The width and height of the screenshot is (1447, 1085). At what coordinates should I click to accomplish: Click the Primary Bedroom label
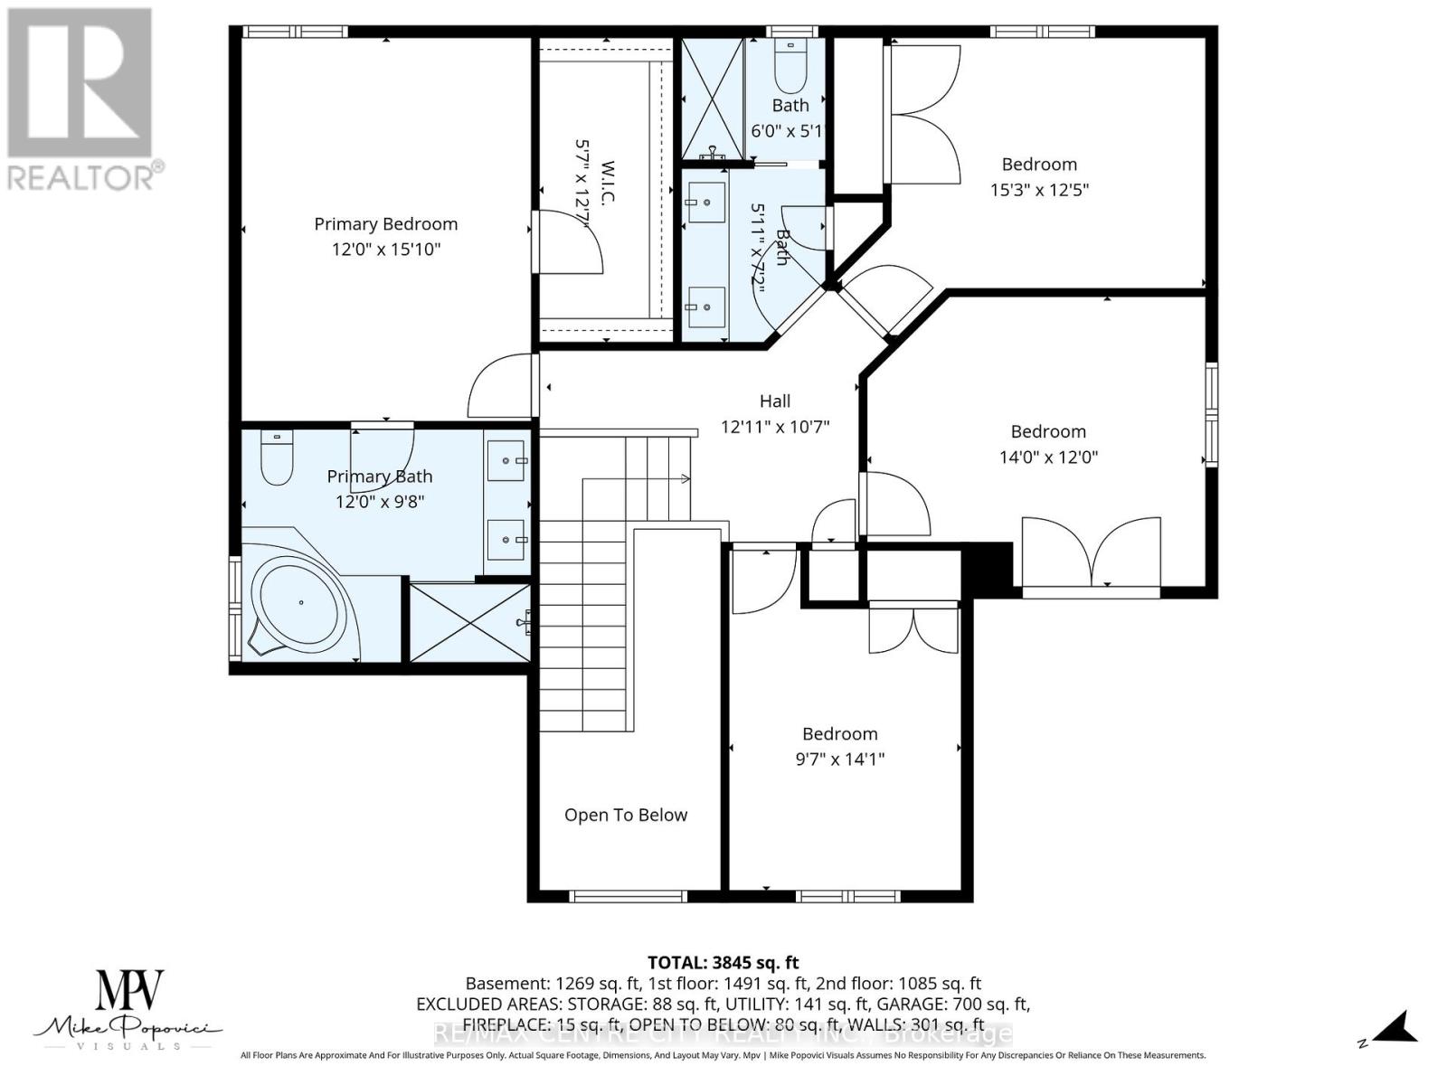385,224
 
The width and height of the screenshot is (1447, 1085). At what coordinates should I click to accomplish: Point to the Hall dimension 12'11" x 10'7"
774,427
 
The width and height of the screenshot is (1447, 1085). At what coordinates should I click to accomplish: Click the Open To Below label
626,816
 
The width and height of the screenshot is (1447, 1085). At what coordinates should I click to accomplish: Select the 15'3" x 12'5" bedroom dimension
1039,190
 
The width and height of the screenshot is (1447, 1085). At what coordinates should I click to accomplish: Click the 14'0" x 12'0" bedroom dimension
1048,458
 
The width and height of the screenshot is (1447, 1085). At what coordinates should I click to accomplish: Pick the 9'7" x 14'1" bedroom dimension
839,759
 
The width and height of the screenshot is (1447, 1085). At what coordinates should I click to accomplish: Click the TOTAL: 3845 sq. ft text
723,963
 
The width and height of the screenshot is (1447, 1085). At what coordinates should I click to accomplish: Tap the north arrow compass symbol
1393,1029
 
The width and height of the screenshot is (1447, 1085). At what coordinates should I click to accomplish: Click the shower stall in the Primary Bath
469,622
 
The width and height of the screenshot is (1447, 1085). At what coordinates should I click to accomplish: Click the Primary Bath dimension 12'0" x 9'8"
379,501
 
